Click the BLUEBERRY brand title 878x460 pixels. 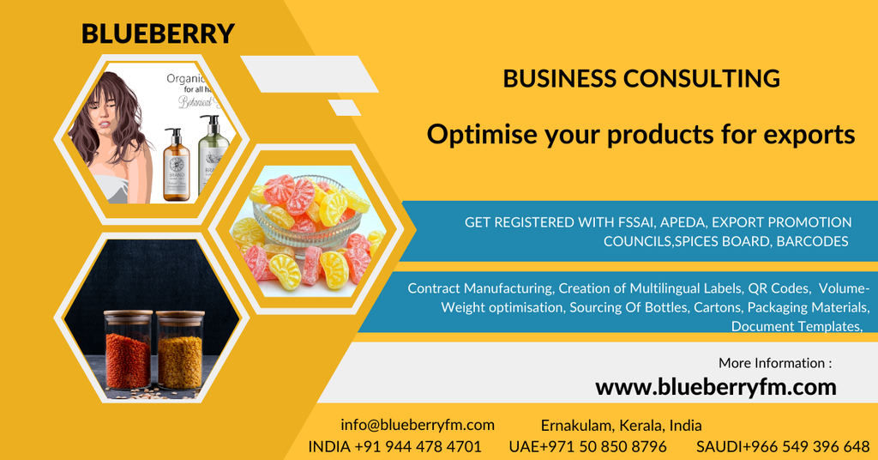(x=158, y=33)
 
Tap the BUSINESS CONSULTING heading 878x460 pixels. (x=641, y=79)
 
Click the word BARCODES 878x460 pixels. (x=812, y=241)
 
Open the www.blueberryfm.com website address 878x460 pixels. (x=716, y=387)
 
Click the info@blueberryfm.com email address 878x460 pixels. (x=418, y=425)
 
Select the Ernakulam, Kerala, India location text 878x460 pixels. (x=622, y=425)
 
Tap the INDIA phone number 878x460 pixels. (x=394, y=446)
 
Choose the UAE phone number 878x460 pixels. (x=587, y=446)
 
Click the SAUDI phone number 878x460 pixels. (x=783, y=446)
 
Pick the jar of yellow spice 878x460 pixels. (x=180, y=352)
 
